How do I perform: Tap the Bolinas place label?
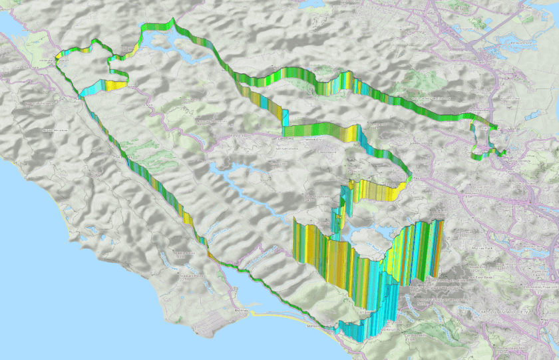coord(241,311)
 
